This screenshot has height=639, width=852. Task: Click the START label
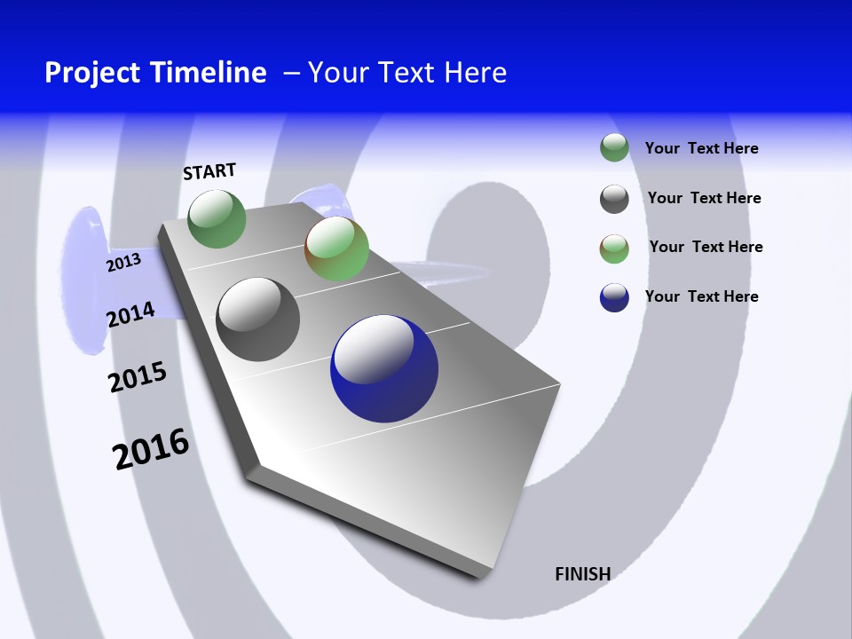209,171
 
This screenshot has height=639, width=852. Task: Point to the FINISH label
582,574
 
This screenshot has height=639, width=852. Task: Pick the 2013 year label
123,263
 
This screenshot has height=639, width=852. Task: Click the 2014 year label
130,314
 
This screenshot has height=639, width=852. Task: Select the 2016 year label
151,449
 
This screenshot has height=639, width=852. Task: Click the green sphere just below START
217,218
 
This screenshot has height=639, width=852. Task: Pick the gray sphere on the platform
258,319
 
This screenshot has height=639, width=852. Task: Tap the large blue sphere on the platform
383,368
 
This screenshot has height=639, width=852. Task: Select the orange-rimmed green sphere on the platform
336,248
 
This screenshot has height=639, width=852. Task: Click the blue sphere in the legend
614,297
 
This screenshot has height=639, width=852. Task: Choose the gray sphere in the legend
614,199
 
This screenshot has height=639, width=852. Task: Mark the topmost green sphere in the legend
614,147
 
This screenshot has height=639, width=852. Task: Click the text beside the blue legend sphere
701,296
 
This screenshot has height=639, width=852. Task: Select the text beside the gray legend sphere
704,198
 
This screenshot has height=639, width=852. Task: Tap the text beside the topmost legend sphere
701,148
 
